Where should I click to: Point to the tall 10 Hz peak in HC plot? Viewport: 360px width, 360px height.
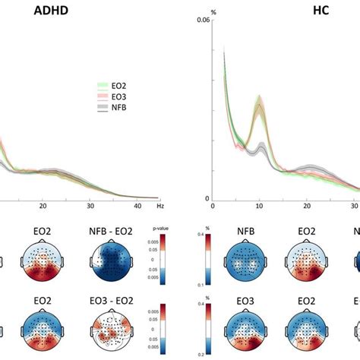[x=259, y=103]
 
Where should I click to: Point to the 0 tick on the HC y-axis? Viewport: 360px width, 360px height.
[x=206, y=199]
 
